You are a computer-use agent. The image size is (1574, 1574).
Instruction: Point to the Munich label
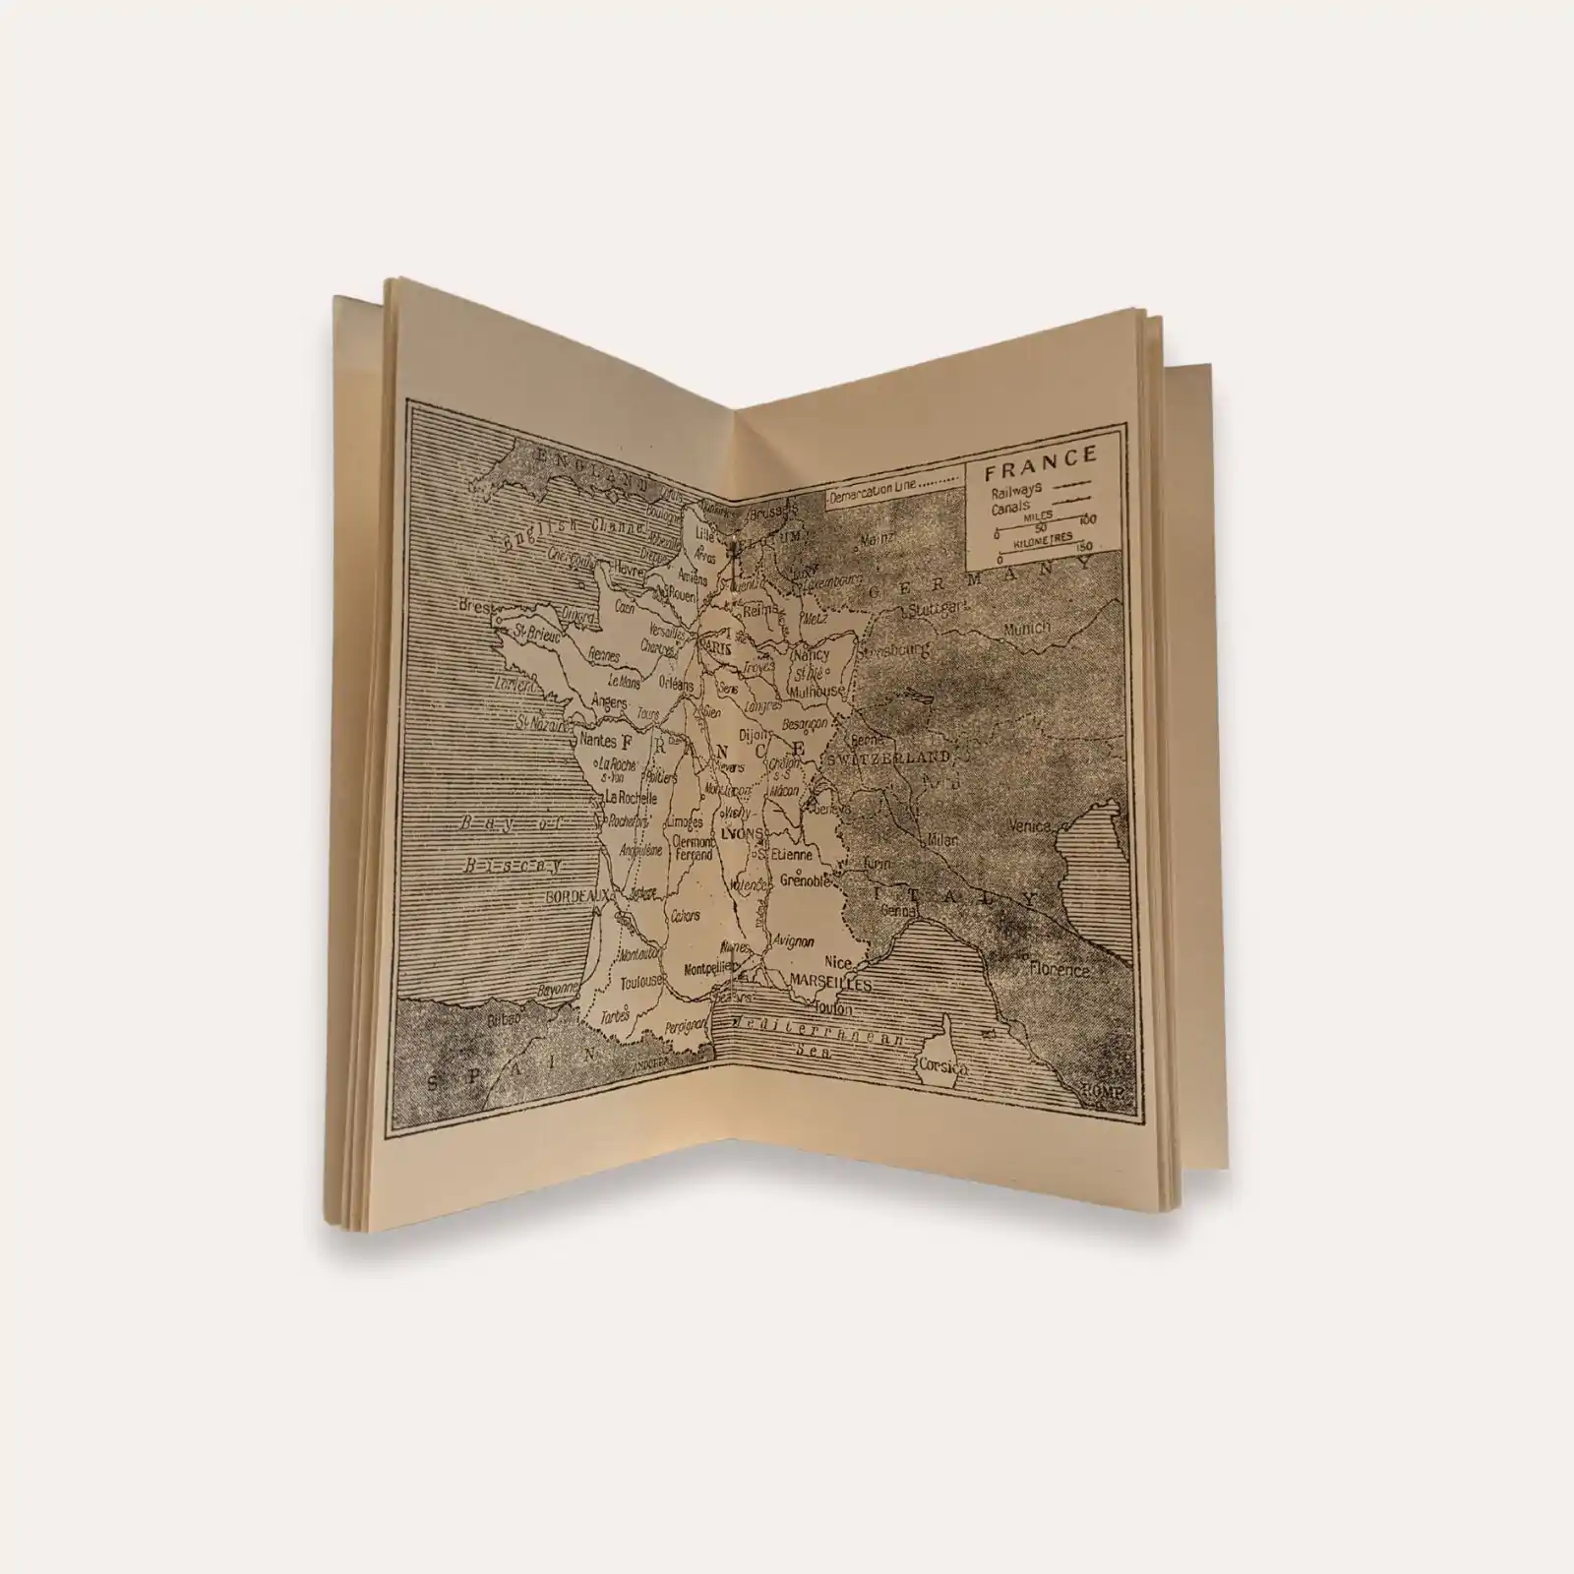[1026, 628]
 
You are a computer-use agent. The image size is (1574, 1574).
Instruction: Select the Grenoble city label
[806, 881]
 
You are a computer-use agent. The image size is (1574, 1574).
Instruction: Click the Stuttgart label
[940, 610]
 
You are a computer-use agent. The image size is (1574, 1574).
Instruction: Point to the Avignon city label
[794, 940]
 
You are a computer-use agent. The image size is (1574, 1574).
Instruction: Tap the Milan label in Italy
[942, 842]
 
